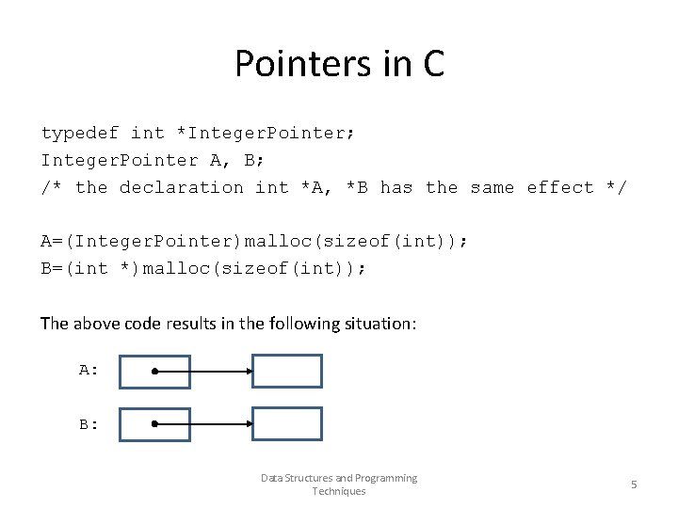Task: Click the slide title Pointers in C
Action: pos(339,64)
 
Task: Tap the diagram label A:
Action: pos(89,371)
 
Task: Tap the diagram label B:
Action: pos(89,424)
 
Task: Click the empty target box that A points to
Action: pos(287,372)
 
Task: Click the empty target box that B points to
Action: pos(287,424)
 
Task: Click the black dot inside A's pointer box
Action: pos(155,372)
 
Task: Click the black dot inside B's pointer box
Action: pos(155,424)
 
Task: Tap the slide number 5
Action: pos(634,484)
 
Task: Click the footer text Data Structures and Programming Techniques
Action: pos(339,484)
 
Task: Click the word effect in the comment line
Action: pos(560,188)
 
